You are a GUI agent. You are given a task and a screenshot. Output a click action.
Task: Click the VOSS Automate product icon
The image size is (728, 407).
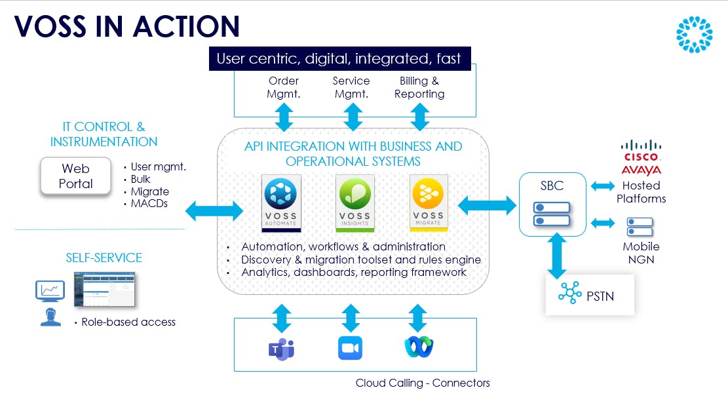coord(281,202)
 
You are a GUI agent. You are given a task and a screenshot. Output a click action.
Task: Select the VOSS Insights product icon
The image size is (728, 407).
coord(354,202)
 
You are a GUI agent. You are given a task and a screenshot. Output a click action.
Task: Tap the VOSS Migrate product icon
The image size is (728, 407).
coord(429,202)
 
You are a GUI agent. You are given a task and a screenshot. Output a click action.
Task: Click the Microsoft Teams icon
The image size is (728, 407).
coord(281,348)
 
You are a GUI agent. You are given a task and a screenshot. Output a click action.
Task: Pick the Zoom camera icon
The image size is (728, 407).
coord(350,348)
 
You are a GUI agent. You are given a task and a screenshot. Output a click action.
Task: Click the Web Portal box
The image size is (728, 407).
coord(76,176)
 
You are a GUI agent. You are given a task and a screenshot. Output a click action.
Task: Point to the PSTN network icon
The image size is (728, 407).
coord(569,296)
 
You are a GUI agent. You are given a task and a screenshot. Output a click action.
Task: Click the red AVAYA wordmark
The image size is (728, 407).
coord(642,170)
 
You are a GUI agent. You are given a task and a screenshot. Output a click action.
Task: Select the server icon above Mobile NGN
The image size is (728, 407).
coord(640,227)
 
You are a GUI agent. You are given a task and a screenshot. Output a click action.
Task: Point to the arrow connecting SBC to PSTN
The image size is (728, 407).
coord(557,256)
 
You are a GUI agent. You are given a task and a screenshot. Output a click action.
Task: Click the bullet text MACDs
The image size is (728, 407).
coord(150,204)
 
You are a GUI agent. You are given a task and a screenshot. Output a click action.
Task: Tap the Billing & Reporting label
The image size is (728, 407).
coord(419,87)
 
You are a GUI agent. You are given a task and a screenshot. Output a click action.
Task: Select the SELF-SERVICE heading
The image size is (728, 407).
coord(104,258)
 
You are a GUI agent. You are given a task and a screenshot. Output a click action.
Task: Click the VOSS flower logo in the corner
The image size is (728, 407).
coord(694,34)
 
